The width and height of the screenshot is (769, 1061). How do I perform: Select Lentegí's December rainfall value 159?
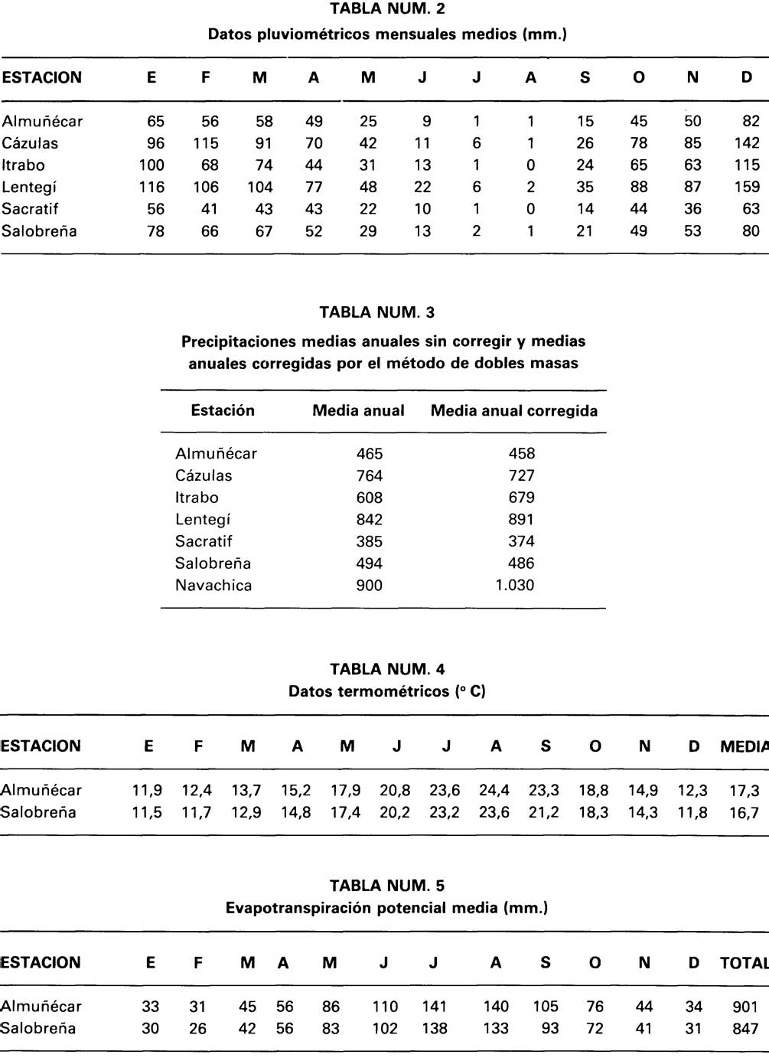point(746,187)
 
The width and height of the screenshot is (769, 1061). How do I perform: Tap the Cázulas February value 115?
point(206,143)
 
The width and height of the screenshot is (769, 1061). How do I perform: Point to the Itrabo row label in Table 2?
point(23,165)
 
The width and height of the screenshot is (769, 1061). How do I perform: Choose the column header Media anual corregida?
point(514,410)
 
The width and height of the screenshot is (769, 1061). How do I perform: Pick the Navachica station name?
point(213,586)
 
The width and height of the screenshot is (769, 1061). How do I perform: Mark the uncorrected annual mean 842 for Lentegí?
point(370,520)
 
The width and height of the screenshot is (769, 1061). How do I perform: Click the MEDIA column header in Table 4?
point(744,746)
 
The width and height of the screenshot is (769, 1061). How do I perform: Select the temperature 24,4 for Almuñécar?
point(495,791)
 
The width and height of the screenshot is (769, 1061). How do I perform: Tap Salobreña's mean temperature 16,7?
point(744,813)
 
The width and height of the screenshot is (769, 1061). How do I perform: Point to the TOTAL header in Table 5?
point(744,963)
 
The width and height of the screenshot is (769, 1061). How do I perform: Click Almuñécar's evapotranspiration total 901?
point(745,1007)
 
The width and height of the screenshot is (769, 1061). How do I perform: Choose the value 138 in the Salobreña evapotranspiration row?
point(434,1030)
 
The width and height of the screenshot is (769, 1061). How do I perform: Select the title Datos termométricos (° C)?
point(386,692)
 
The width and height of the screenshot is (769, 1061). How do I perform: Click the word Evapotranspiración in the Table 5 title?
point(291,909)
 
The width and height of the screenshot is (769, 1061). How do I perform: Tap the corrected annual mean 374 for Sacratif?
point(521,542)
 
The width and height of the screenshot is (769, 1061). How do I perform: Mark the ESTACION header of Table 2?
point(41,78)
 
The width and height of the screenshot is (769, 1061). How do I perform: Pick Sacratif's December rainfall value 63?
point(751,209)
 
